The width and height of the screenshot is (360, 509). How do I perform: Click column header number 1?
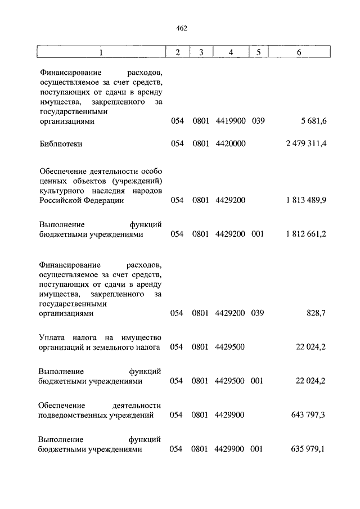click(101, 52)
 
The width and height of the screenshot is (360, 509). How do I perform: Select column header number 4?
click(230, 52)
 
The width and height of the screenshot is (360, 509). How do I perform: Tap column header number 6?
click(299, 52)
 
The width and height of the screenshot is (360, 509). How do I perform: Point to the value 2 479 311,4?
click(307, 144)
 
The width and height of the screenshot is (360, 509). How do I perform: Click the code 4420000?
click(230, 144)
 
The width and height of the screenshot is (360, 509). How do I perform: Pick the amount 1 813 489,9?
click(307, 201)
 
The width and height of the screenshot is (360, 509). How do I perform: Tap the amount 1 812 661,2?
click(307, 235)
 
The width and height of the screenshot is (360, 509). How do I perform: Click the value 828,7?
click(316, 313)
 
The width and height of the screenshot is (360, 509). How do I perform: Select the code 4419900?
click(230, 121)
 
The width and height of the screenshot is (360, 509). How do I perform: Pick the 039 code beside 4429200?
click(258, 313)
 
